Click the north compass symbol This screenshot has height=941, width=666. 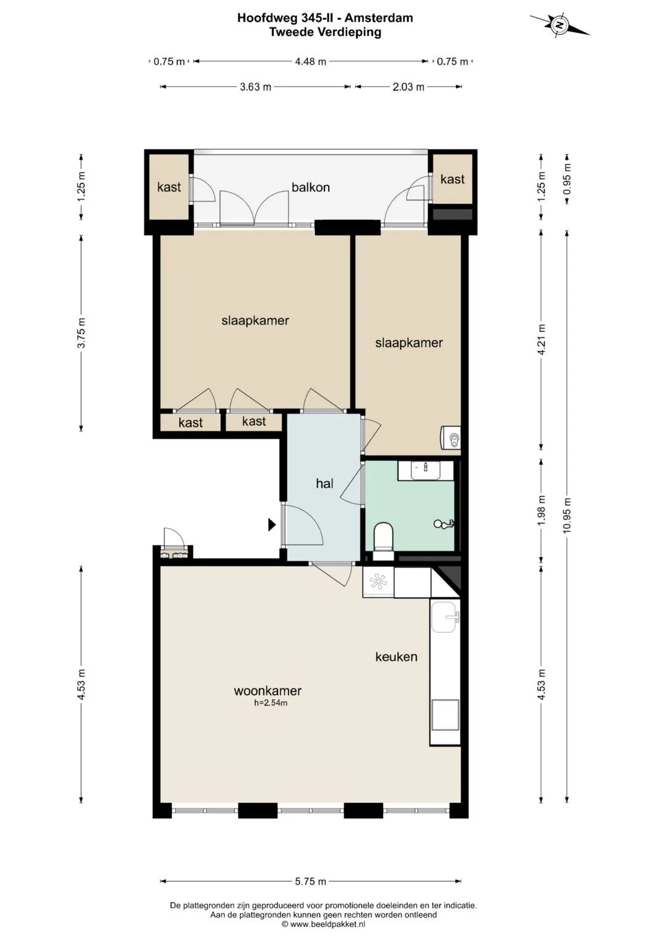pos(559,25)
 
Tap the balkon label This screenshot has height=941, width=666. pos(311,187)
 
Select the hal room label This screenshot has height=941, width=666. pos(324,484)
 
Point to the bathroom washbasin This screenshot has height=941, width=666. pos(425,470)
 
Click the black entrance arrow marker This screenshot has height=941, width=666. pos(272,524)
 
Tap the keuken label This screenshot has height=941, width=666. pos(396,657)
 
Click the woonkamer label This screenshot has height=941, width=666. pos(268,691)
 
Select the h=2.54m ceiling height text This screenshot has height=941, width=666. pos(270,703)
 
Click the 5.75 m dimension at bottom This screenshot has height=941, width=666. pos(310,881)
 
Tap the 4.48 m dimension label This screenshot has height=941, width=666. pos(310,62)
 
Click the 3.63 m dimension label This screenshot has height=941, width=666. pos(255,88)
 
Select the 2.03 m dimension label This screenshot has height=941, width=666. pos(408,88)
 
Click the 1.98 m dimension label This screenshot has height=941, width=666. pos(541,510)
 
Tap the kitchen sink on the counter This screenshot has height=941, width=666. pos(445,617)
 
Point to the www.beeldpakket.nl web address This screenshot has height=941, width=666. pos(327,924)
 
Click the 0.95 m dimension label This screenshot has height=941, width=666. pos(567,179)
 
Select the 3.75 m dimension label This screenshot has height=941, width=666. pos(81,333)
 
